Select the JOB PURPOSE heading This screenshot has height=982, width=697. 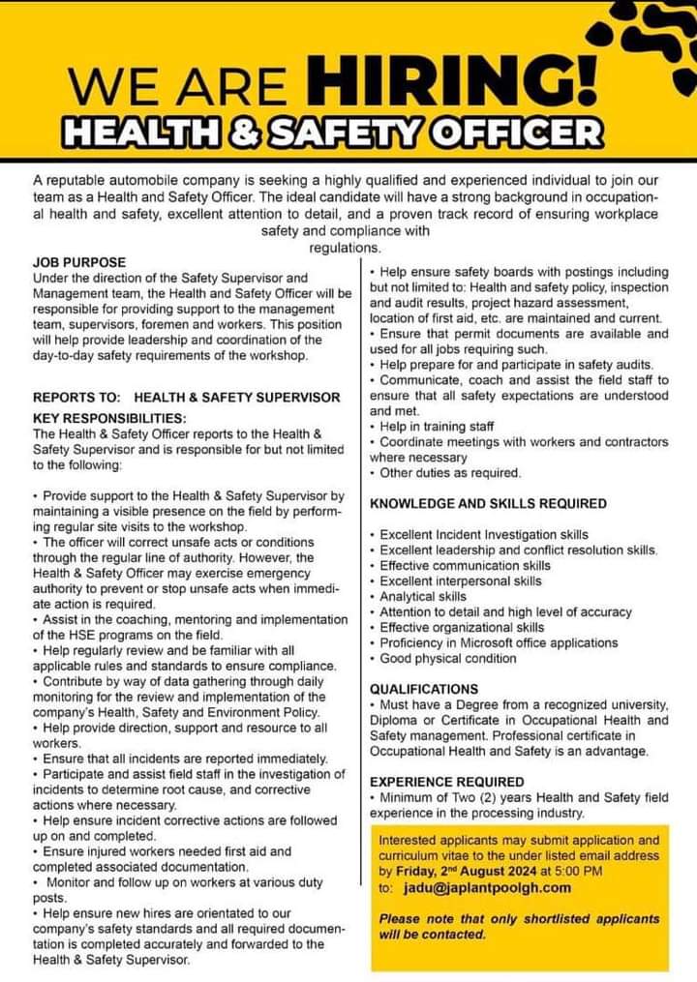pos(79,262)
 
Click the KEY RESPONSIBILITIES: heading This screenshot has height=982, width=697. pos(109,419)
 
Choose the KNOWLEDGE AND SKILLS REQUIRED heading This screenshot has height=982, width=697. pos(488,504)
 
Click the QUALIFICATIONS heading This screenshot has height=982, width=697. pos(424,689)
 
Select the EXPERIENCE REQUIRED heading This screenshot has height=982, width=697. pos(446,782)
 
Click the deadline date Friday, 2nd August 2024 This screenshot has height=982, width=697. pos(462,871)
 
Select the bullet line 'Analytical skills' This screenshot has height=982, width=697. pos(422,597)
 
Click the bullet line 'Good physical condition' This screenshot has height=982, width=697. pos(448,659)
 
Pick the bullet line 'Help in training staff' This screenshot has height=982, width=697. pos(437,426)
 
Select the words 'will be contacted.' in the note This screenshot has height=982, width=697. pos(433,935)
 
